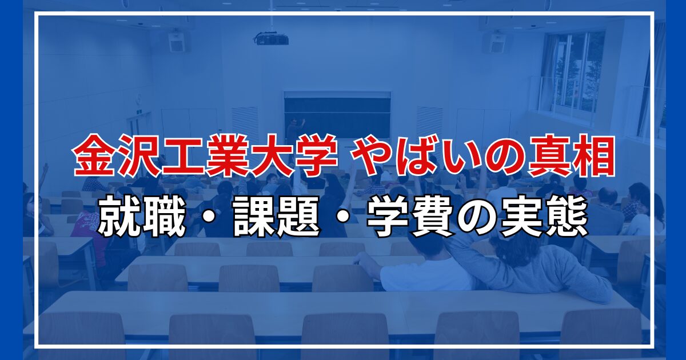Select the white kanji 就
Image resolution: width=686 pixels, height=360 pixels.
pyautogui.click(x=119, y=217)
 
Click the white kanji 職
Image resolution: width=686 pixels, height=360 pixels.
pyautogui.click(x=164, y=217)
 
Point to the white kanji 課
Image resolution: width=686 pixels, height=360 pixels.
pyautogui.click(x=254, y=217)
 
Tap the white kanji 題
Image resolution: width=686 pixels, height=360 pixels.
pyautogui.click(x=298, y=217)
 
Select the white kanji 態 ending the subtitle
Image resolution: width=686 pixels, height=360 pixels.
pyautogui.click(x=567, y=217)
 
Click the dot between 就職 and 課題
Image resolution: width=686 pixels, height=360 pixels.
pyautogui.click(x=209, y=217)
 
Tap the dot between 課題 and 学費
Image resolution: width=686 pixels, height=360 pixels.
pyautogui.click(x=344, y=217)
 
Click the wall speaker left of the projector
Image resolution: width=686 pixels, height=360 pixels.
pyautogui.click(x=177, y=41)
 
